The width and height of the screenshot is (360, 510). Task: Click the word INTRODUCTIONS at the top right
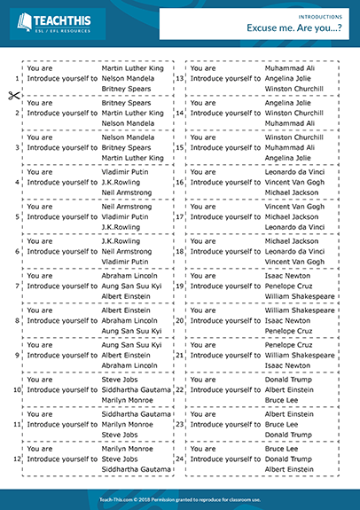pyautogui.click(x=322, y=16)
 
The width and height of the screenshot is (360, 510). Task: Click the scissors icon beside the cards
pyautogui.click(x=13, y=96)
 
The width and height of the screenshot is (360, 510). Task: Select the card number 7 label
pyautogui.click(x=18, y=286)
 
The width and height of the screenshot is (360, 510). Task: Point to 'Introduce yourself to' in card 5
pyautogui.click(x=62, y=216)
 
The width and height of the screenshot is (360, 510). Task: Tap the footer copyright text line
pyautogui.click(x=180, y=499)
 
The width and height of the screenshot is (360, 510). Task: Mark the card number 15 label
pyautogui.click(x=179, y=147)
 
